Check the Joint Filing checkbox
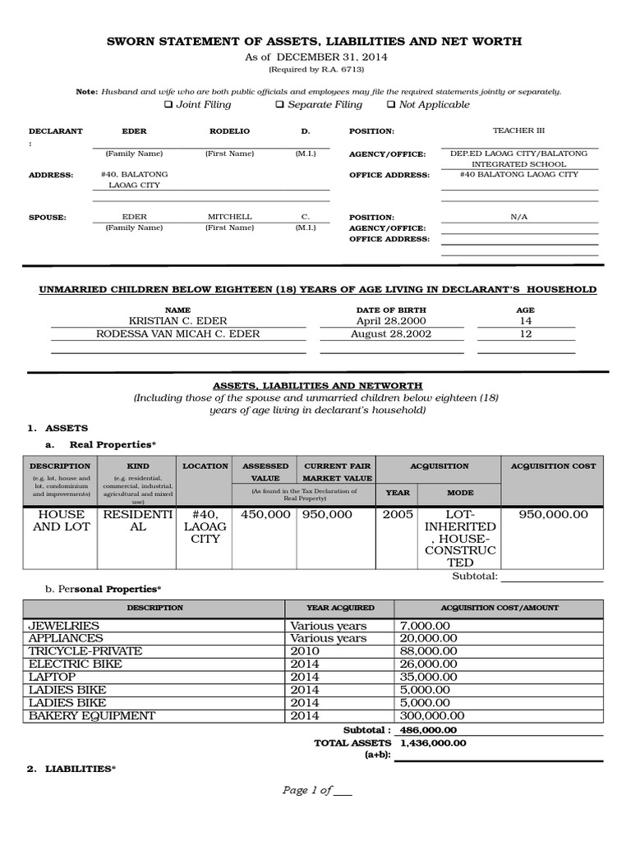coord(168,105)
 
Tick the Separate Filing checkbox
coord(279,105)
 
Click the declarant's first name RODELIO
coord(229,131)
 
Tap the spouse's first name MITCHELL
coord(229,217)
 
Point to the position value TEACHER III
coord(518,131)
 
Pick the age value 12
coord(526,334)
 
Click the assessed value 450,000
coord(265,514)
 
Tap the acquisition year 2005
coord(398,514)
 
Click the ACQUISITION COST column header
coord(553,466)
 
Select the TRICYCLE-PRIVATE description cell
coord(85,650)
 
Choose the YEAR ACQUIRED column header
coord(339,608)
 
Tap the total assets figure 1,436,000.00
coord(433,742)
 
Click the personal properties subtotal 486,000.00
coord(429,729)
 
